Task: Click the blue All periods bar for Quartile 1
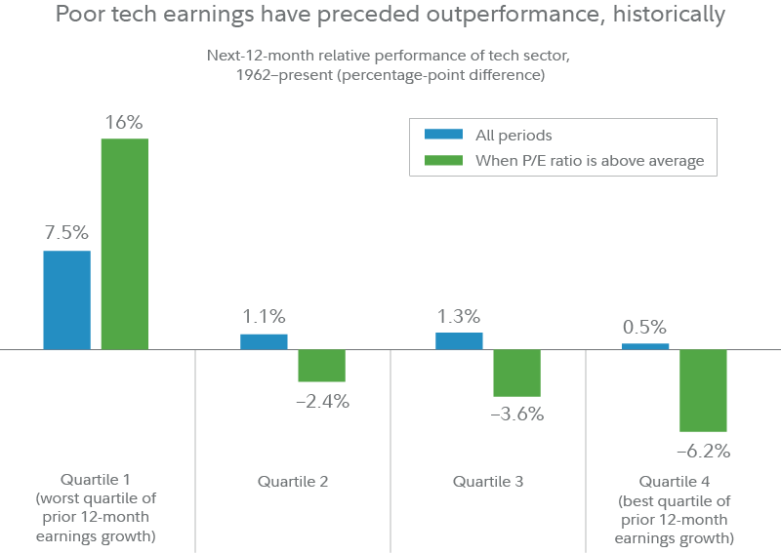pos(66,299)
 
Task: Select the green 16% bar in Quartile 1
pos(124,244)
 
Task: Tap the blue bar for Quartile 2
pos(264,340)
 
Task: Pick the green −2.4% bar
pos(321,365)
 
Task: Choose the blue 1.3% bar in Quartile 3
pos(459,340)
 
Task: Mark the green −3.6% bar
pos(516,373)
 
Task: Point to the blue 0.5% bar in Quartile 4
pos(645,345)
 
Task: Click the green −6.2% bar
pos(703,390)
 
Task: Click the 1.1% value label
pos(264,316)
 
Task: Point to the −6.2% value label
pos(703,451)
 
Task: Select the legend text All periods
pos(514,136)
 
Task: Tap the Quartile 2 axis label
pos(293,481)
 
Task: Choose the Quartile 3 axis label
pos(488,481)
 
